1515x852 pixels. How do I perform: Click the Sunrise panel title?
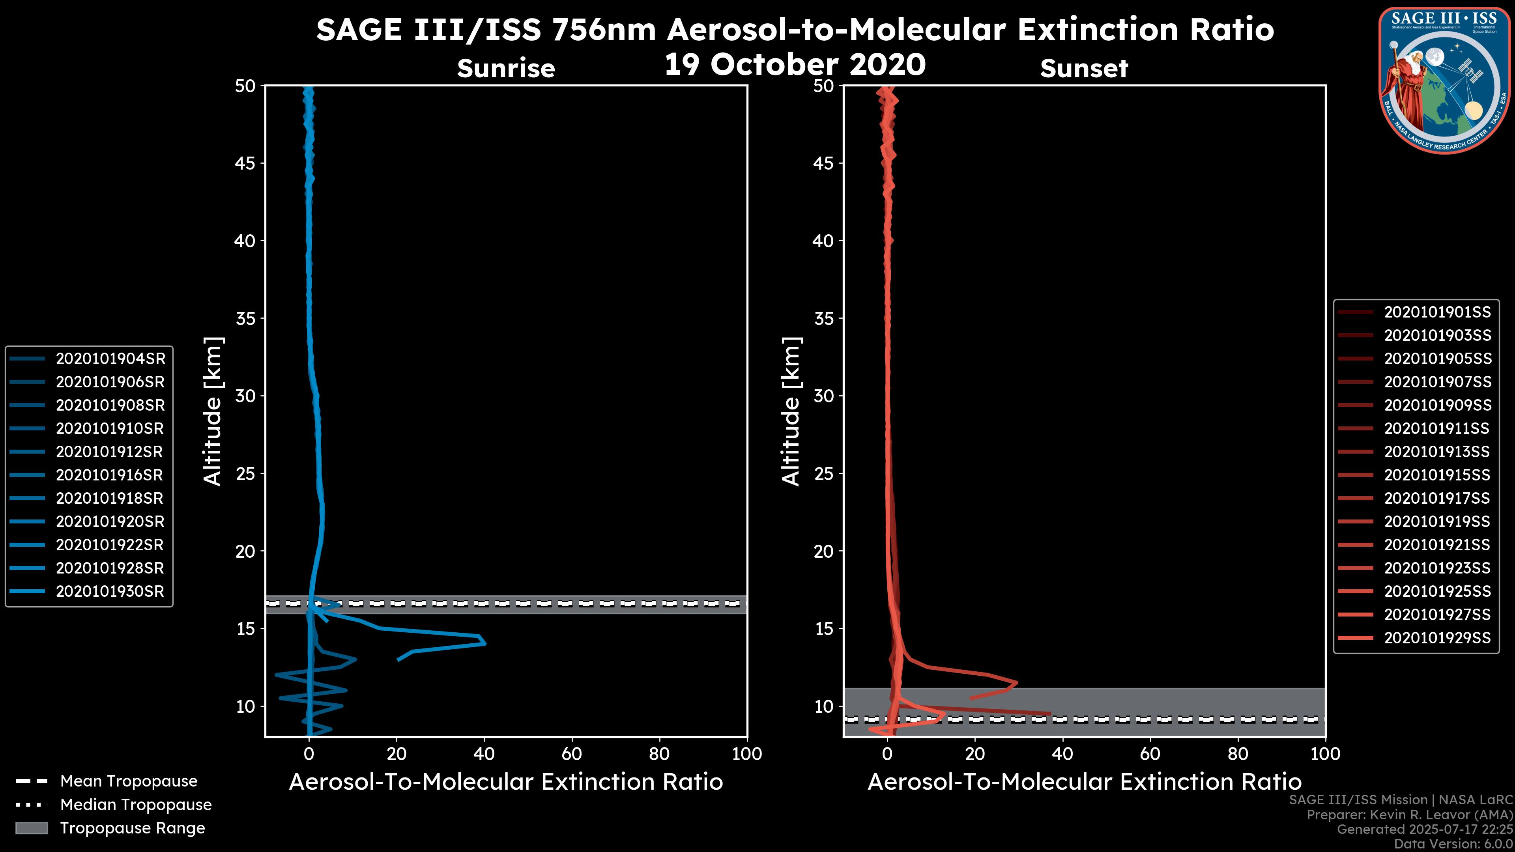tap(506, 69)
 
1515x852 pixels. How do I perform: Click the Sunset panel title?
tap(1084, 69)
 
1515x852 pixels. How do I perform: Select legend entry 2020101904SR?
tap(110, 359)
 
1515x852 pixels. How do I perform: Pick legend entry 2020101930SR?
tap(110, 592)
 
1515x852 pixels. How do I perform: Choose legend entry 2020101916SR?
tap(110, 475)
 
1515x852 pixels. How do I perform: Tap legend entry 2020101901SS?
tap(1437, 312)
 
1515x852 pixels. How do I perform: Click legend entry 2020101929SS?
tap(1437, 638)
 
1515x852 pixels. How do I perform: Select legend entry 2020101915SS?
tap(1437, 475)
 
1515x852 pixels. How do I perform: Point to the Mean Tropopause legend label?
tap(129, 781)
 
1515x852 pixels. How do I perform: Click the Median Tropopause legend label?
tap(136, 805)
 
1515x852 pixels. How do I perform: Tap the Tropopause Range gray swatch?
tap(32, 828)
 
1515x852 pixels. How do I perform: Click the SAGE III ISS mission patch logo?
tap(1444, 80)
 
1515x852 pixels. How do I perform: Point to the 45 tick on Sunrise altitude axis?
tap(246, 163)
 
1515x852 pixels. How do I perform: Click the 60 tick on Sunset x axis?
tap(1150, 754)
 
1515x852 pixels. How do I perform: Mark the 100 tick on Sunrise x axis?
tap(747, 754)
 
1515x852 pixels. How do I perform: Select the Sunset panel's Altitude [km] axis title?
tap(791, 411)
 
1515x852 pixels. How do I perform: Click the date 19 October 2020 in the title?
tap(795, 65)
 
